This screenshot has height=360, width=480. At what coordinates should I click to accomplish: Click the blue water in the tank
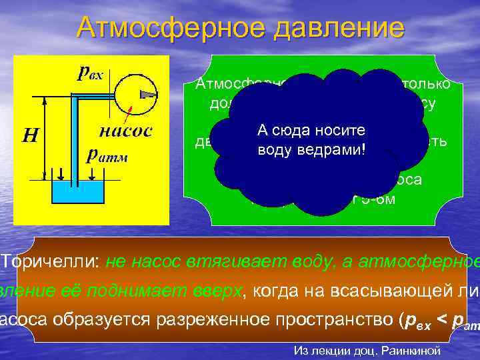(77, 195)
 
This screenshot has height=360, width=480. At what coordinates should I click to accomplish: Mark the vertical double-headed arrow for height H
(44, 141)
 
